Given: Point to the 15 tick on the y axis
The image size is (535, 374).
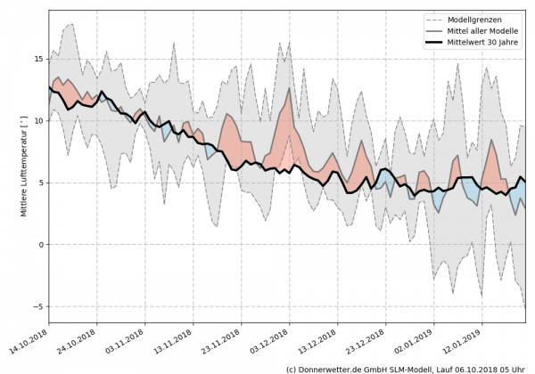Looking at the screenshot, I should pyautogui.click(x=38, y=60).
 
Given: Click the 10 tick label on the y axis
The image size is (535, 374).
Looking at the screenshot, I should pyautogui.click(x=38, y=121).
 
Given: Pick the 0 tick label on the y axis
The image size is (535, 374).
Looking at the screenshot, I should pyautogui.click(x=41, y=244).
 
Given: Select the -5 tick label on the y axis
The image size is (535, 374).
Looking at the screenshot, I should pyautogui.click(x=38, y=306).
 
